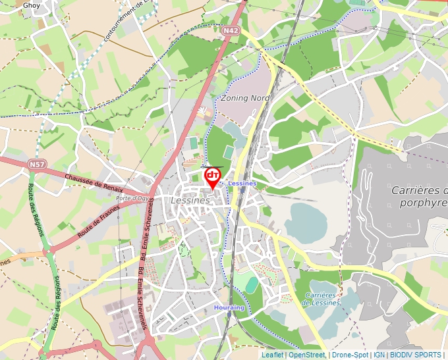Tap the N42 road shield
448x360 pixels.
pos(230,30)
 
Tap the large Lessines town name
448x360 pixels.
pos(190,200)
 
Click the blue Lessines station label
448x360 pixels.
pos(241,183)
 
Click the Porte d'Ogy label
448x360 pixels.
pos(132,197)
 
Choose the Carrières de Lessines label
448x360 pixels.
pos(320,299)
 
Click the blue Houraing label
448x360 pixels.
pos(229,307)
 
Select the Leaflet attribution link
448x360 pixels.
pos(273,355)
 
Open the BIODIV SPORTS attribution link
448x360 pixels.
pos(417,355)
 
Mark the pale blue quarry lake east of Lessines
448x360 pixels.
pos(305,221)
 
